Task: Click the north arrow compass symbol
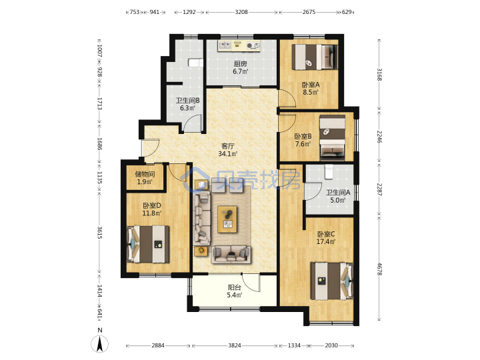click(x=99, y=343)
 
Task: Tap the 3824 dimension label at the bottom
click(x=235, y=345)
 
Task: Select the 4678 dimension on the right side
click(x=379, y=269)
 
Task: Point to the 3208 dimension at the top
click(x=241, y=12)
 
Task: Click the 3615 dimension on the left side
click(x=99, y=233)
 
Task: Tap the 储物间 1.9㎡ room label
click(x=145, y=178)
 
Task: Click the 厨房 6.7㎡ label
click(x=241, y=67)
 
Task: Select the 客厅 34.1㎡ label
click(x=228, y=150)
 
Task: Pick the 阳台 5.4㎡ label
click(x=235, y=291)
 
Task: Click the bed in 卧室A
click(x=315, y=57)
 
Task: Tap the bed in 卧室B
click(x=333, y=137)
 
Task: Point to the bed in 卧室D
click(x=148, y=244)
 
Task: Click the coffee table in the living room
click(x=227, y=219)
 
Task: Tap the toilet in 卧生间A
click(x=329, y=172)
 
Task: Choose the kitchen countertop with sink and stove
click(x=239, y=45)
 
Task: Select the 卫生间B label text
click(x=187, y=101)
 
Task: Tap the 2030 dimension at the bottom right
click(x=331, y=345)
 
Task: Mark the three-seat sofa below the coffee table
click(x=231, y=255)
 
